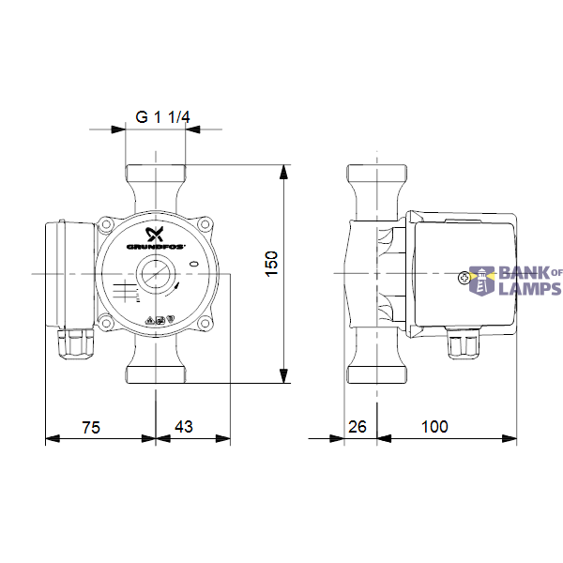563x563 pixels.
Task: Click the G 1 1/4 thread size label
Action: [162, 117]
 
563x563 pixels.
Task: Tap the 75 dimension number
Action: [90, 427]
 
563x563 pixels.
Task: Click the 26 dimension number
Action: [357, 427]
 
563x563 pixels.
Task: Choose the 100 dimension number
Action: [434, 427]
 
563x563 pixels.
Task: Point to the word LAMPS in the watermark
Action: [529, 289]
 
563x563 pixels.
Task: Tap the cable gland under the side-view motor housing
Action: [460, 342]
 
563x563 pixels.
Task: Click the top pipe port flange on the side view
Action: [377, 174]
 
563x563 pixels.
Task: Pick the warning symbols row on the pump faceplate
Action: [155, 320]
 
